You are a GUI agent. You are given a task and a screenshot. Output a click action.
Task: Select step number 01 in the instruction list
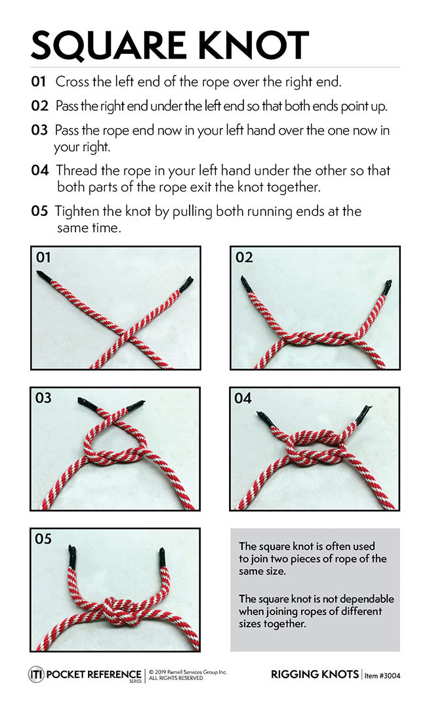(x=39, y=82)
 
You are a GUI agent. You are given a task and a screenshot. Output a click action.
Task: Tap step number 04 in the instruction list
(x=39, y=170)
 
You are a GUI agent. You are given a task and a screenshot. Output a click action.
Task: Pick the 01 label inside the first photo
(x=43, y=257)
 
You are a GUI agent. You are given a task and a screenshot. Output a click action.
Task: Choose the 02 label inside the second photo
(x=243, y=257)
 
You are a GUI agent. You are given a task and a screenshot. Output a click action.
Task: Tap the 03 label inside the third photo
(x=43, y=398)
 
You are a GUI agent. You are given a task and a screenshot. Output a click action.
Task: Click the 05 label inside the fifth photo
(x=43, y=539)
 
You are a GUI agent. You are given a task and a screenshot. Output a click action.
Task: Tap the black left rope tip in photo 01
(x=43, y=276)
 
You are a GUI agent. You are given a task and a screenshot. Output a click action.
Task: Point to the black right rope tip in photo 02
(x=386, y=287)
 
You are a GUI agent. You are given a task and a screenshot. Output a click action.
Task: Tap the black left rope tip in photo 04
(x=265, y=418)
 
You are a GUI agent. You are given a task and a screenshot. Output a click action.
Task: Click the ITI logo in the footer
(x=36, y=674)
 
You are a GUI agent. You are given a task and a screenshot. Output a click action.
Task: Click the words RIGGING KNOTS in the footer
(x=314, y=674)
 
